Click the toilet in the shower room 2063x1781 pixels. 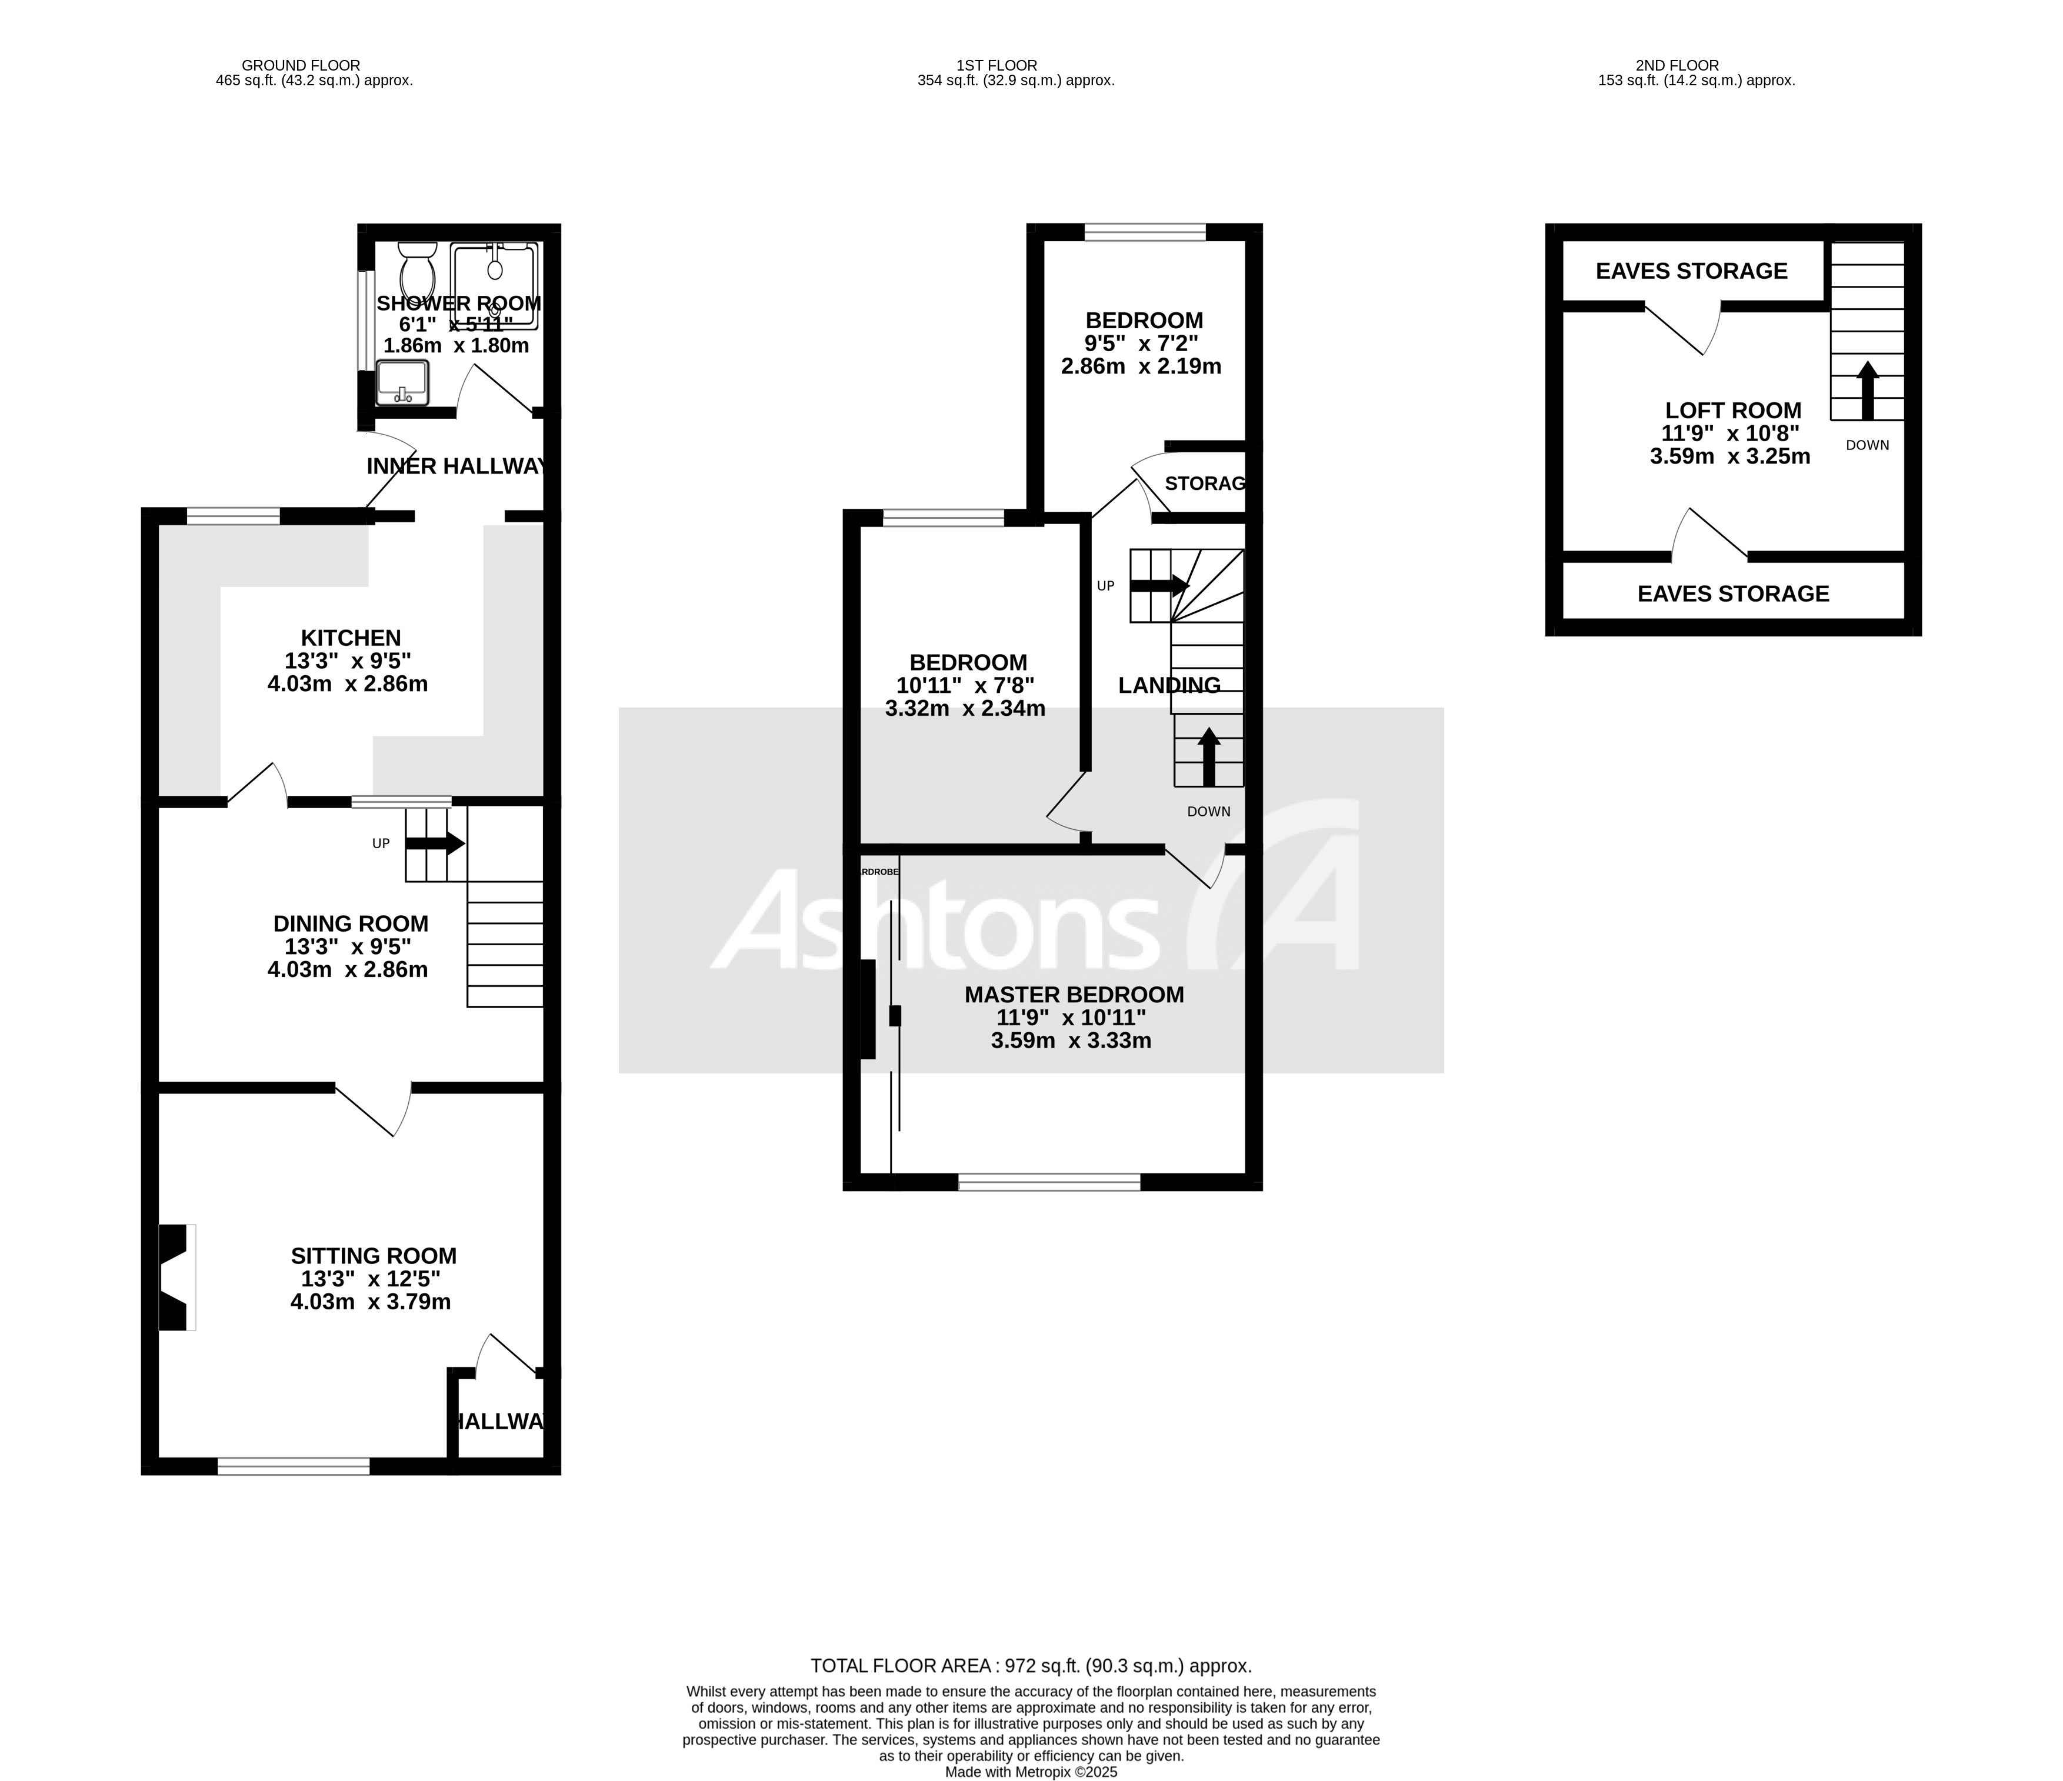416,267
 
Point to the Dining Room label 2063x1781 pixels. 351,924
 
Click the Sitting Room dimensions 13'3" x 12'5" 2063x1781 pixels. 371,1279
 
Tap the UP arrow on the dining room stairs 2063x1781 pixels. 435,843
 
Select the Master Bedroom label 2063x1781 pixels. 1074,995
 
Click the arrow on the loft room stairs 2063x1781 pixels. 1867,390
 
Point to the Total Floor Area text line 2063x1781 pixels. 1031,1666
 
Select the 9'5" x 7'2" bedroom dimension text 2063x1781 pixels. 1141,343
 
